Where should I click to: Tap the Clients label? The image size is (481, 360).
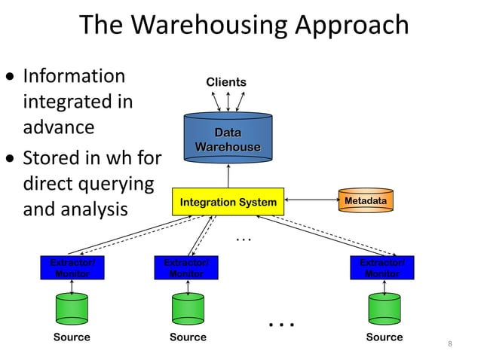[226, 81]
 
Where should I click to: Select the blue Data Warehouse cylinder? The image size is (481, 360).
[228, 140]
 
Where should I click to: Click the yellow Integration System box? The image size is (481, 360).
[228, 202]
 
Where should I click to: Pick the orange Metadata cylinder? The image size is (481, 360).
[366, 201]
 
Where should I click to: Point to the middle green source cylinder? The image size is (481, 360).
[187, 308]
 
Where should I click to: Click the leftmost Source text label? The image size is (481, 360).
[72, 337]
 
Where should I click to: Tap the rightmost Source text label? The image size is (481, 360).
[384, 337]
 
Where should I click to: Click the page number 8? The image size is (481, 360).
[450, 344]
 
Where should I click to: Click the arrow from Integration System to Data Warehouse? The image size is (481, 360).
[228, 174]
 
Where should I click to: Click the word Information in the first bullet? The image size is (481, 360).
[75, 76]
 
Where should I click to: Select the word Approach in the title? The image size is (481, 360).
[352, 26]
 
